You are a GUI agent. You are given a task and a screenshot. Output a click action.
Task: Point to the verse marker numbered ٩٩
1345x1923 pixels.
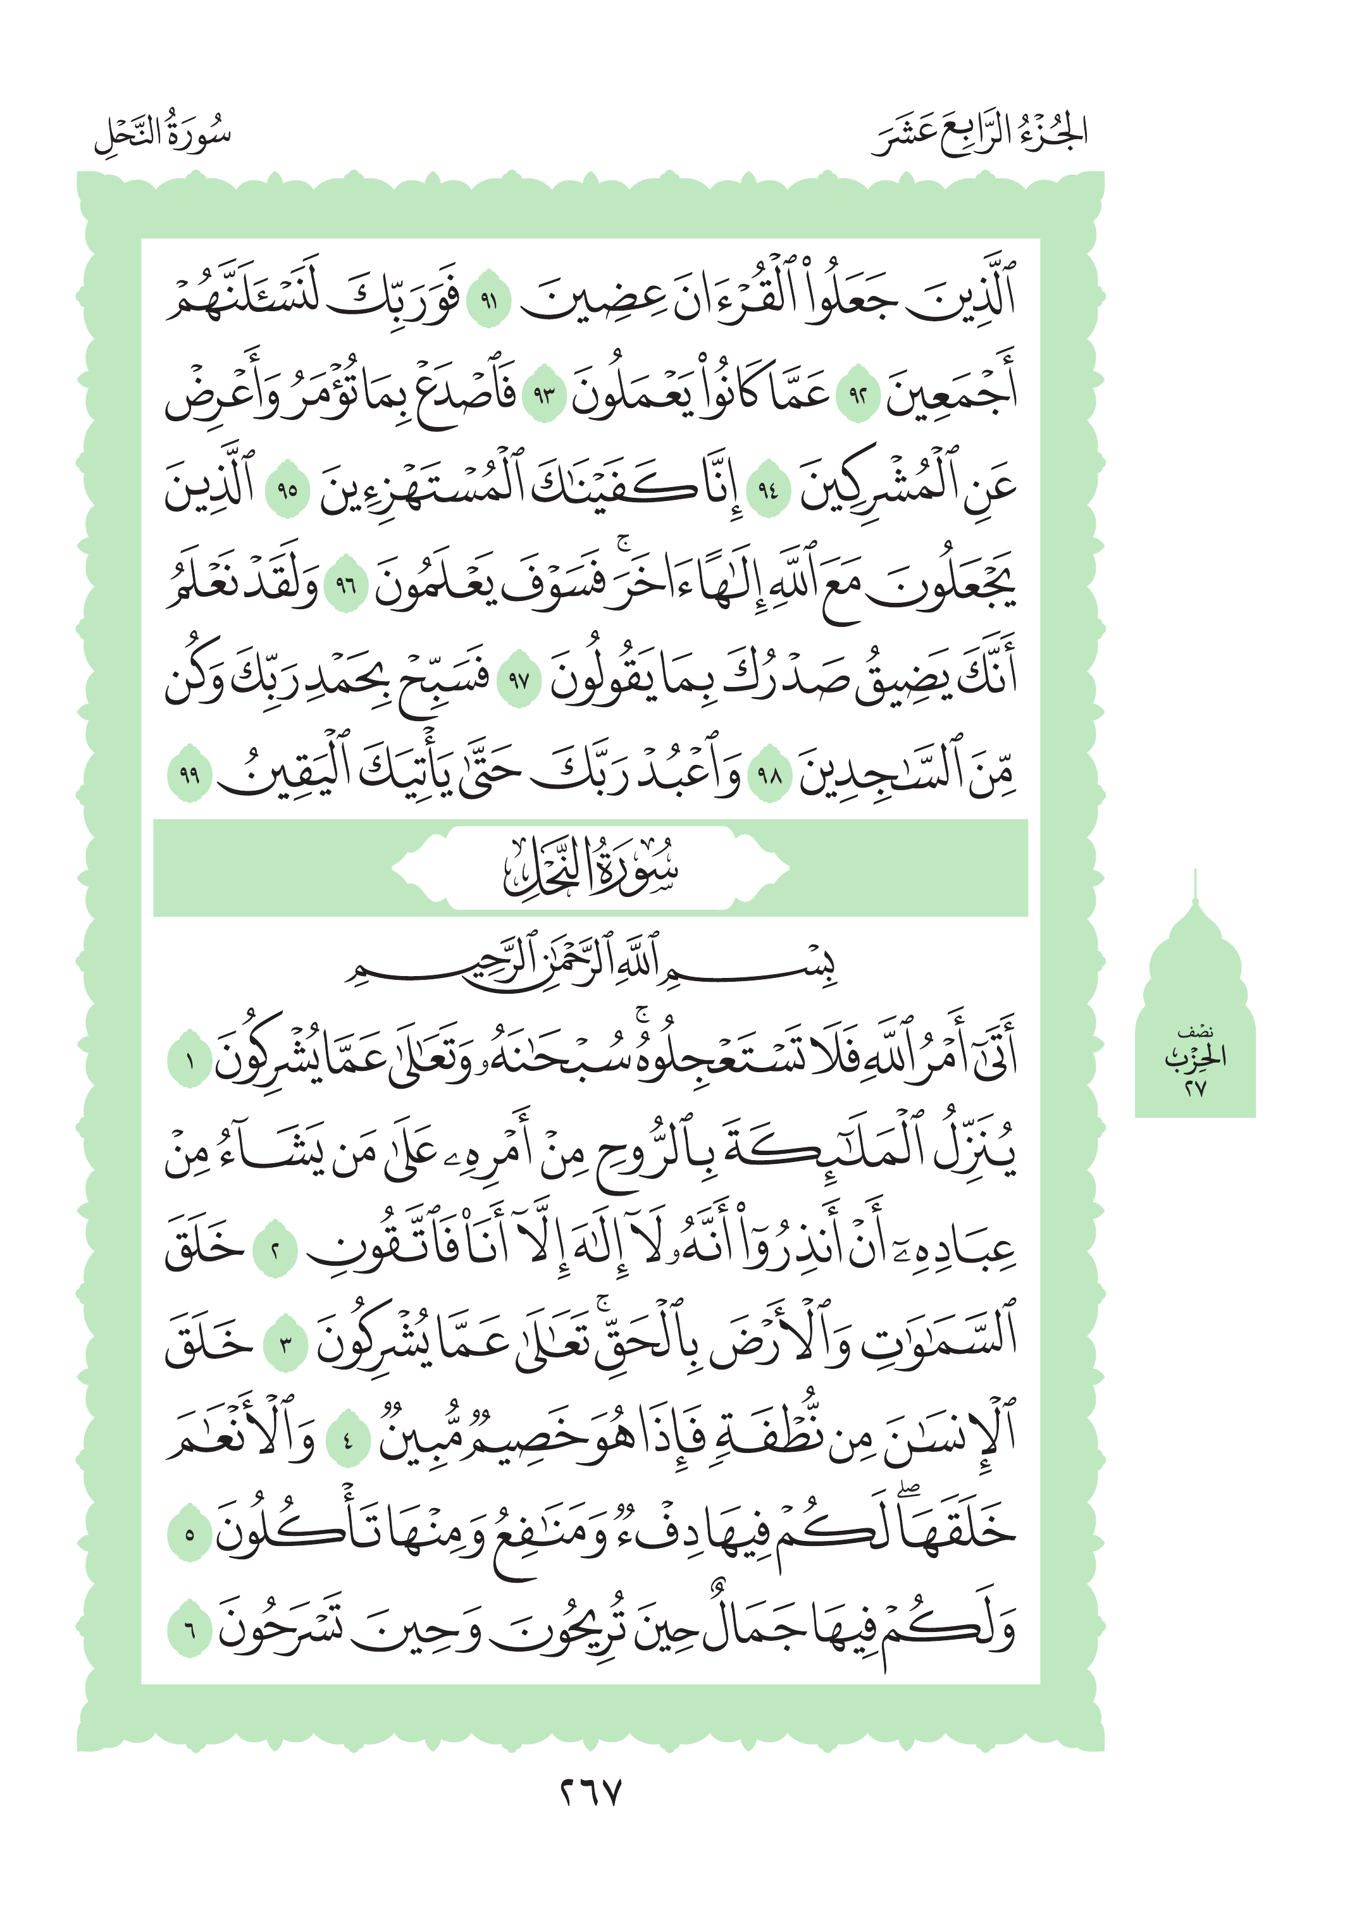pyautogui.click(x=189, y=774)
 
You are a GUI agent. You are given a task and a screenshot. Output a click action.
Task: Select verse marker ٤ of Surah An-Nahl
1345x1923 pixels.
pyautogui.click(x=347, y=1440)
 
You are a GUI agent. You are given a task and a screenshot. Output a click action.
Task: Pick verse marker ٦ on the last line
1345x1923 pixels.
pyautogui.click(x=189, y=1630)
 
